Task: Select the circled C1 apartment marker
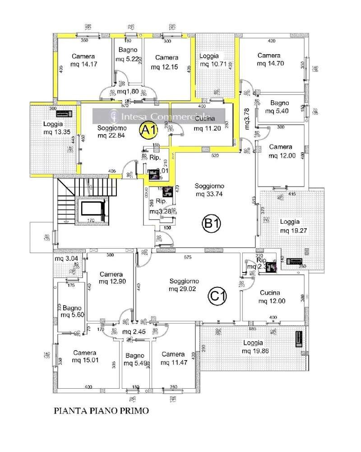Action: coord(217,296)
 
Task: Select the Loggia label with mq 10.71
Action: coord(209,56)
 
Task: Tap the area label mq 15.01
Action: coord(85,360)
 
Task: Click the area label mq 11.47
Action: coord(174,362)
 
